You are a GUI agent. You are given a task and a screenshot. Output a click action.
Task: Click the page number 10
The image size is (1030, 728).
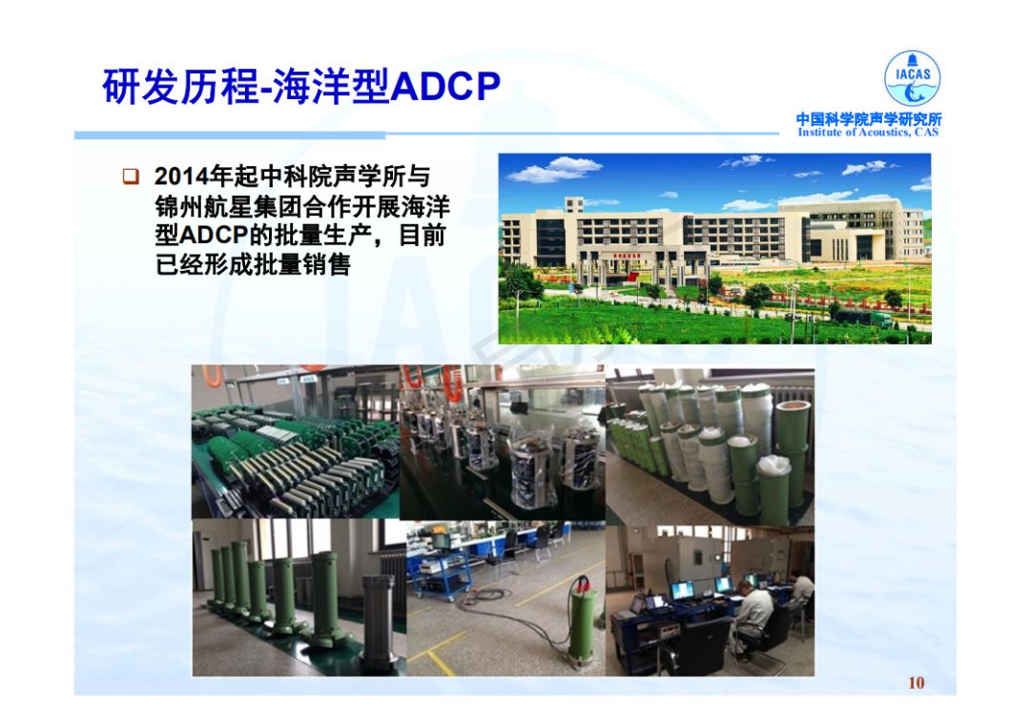pos(917,683)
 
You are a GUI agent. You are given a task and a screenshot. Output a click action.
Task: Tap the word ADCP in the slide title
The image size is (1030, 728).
pos(445,86)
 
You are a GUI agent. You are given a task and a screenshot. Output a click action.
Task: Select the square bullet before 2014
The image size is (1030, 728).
pos(131,177)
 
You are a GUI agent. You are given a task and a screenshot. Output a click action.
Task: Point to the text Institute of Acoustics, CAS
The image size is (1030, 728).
pos(869,132)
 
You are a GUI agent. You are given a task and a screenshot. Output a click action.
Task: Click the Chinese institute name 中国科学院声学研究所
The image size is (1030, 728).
pos(869,119)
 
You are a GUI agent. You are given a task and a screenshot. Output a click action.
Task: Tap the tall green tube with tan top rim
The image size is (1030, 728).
pos(792,453)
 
